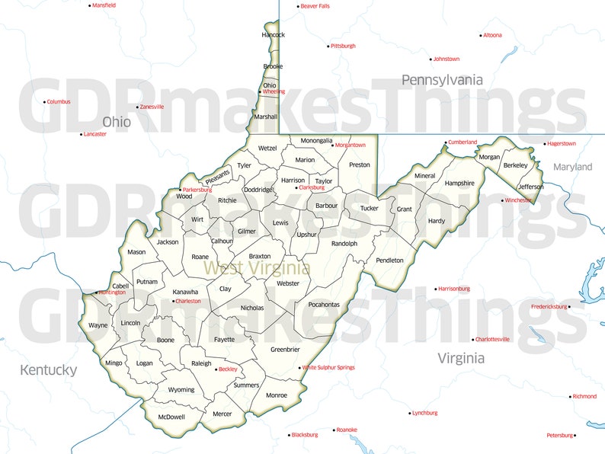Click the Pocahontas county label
pos(324,305)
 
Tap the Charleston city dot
pos(173,301)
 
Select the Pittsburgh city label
pos(343,46)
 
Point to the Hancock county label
pos(273,35)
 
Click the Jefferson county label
pos(531,187)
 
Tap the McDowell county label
pos(171,417)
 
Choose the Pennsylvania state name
pos(442,80)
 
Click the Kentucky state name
pos(48,370)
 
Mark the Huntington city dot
pos(96,293)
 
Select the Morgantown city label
pos(351,145)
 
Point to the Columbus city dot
pos(44,102)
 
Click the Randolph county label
pos(344,244)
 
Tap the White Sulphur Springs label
pos(328,368)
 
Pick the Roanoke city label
pos(347,430)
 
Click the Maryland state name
pos(572,167)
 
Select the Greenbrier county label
pos(285,350)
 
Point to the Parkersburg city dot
pos(181,189)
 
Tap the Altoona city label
pos(492,35)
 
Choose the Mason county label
pos(136,252)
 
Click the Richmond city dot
pos(570,396)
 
